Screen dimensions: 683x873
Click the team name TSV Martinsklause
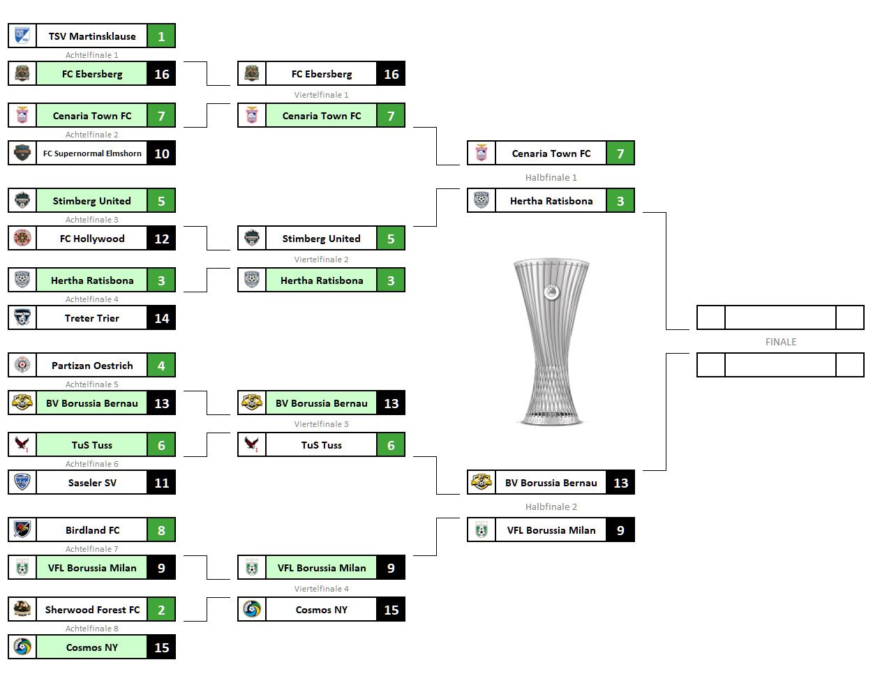(92, 36)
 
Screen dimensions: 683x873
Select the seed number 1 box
(161, 36)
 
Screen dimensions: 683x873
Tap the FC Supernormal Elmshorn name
(92, 153)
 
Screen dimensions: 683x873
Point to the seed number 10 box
(161, 153)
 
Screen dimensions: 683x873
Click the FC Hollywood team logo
(22, 239)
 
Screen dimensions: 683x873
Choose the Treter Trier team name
(92, 318)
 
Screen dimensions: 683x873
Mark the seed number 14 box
(161, 318)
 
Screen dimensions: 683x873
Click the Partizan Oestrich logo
(22, 366)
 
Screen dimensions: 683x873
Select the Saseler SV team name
(92, 483)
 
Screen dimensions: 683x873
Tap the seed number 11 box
(161, 483)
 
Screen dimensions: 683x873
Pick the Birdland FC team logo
(22, 530)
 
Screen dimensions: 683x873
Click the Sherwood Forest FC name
(92, 610)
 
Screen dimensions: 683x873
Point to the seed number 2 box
(161, 610)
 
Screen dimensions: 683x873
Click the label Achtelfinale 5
(92, 384)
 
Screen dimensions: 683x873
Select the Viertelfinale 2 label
(321, 260)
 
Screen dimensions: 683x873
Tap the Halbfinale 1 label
(551, 178)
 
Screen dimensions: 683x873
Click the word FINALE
(780, 342)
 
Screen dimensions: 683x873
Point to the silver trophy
(551, 342)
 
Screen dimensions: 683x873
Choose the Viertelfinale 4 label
(321, 589)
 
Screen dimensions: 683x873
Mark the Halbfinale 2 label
(551, 507)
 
